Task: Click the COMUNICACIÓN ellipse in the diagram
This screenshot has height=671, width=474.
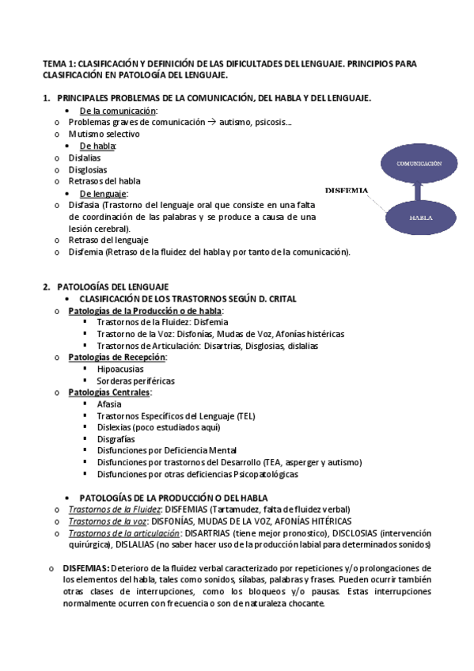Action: (419, 162)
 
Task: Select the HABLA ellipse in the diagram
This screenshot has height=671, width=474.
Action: (419, 216)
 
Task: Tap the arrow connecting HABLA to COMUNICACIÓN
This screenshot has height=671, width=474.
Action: (419, 190)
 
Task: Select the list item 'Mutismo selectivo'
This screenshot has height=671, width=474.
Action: (104, 135)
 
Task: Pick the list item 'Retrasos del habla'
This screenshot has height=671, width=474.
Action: (104, 181)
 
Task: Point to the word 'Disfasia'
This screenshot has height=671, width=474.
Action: (84, 205)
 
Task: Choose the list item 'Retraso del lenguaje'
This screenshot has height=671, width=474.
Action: (108, 240)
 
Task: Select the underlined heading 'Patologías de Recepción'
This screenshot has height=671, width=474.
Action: (117, 357)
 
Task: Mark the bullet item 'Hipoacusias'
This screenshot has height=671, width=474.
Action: (121, 369)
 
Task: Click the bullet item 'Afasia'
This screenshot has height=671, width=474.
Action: (110, 404)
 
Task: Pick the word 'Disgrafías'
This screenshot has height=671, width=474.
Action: (116, 438)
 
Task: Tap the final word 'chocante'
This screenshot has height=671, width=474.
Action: (301, 604)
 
